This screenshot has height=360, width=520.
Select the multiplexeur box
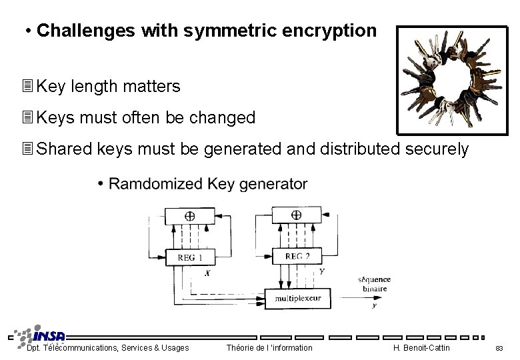click(x=298, y=298)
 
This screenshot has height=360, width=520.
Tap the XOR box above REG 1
click(x=189, y=216)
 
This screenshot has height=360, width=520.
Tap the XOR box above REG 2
click(x=296, y=215)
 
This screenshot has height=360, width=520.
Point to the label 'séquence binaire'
click(x=374, y=284)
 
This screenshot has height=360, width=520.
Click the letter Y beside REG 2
click(x=322, y=271)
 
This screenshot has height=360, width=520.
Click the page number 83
click(x=499, y=348)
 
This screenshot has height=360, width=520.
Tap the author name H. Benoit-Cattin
click(x=422, y=348)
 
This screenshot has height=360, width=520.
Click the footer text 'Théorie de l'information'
click(x=269, y=348)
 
